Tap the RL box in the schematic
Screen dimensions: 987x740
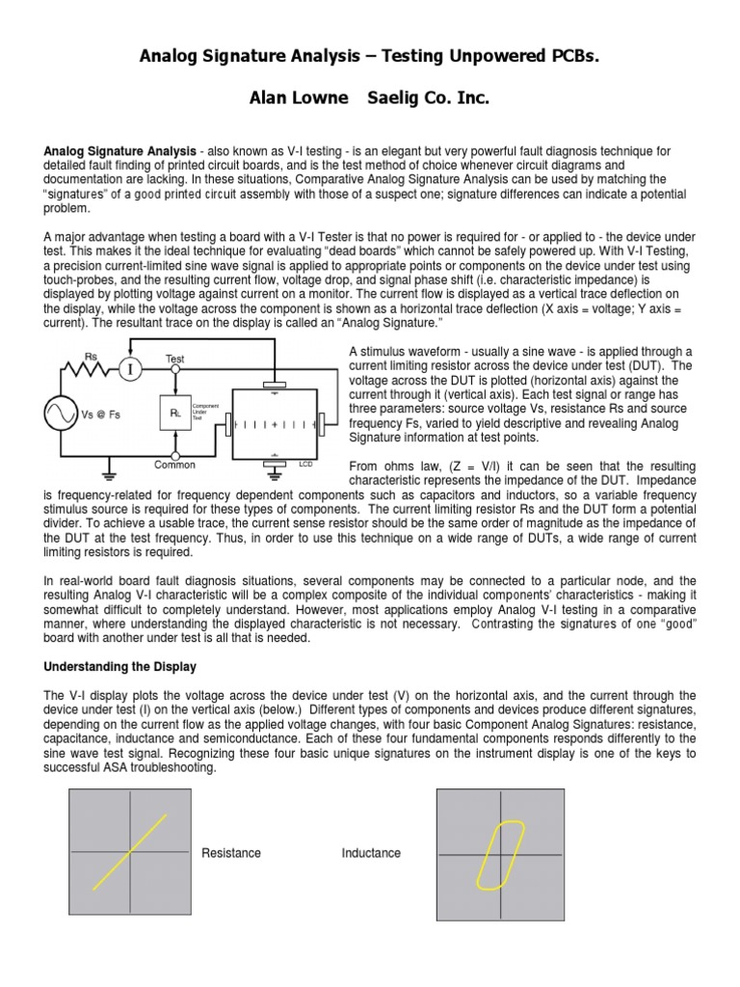click(175, 413)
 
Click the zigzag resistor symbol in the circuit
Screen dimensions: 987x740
click(90, 369)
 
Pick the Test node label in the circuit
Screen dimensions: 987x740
click(174, 359)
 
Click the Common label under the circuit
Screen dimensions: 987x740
click(174, 465)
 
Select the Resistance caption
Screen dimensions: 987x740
click(230, 853)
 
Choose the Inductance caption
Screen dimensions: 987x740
click(371, 853)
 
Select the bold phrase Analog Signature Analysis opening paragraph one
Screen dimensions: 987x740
click(120, 152)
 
